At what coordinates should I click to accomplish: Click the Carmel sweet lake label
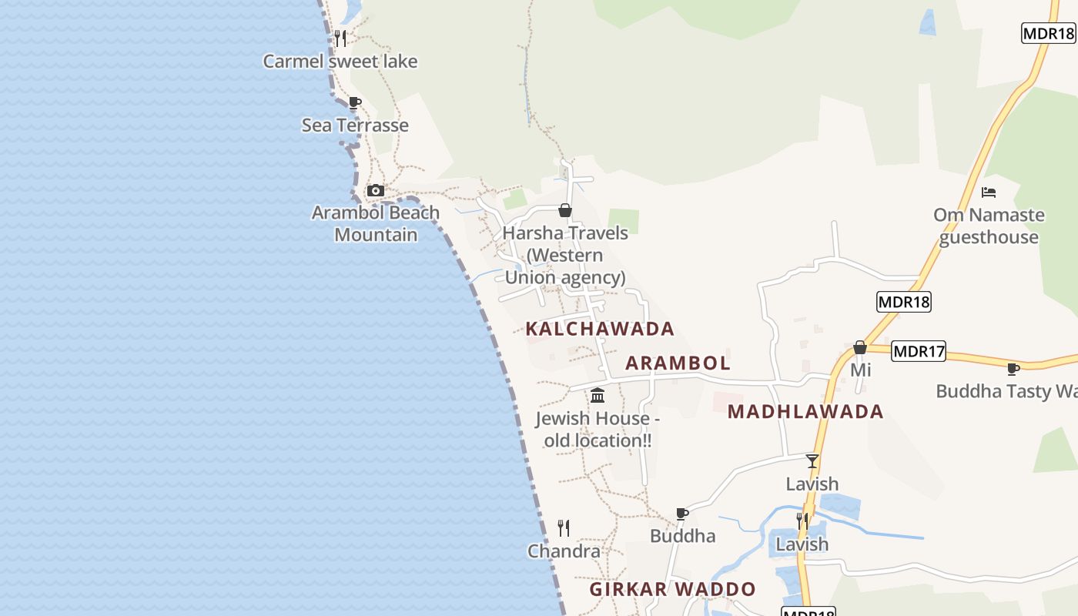coord(340,62)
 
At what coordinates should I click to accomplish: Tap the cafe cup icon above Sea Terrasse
coord(354,102)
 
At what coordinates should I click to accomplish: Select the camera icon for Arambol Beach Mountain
coord(375,190)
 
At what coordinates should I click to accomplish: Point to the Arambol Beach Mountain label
coord(375,223)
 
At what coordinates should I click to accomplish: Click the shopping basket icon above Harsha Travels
coord(565,210)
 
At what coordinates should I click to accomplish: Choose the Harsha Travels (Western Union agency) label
coord(565,255)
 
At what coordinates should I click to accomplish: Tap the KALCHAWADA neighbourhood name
coord(600,330)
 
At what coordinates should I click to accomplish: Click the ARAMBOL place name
coord(678,363)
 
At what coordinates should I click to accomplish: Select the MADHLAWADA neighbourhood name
coord(805,412)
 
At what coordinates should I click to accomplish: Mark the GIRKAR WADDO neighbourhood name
coord(673,590)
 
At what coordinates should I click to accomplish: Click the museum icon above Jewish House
coord(597,396)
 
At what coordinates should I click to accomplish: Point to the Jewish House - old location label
coord(598,430)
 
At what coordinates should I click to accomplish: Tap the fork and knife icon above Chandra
coord(564,528)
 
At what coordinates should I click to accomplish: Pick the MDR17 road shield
coord(919,352)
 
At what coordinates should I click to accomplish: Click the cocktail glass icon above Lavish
coord(812,461)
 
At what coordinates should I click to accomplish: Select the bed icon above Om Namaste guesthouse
coord(989,192)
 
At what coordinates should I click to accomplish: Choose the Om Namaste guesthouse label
coord(989,226)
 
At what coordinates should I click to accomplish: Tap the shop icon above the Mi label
coord(860,348)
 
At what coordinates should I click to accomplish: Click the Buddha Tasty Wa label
coord(1006,391)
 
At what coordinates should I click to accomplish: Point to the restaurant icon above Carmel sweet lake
coord(340,38)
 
